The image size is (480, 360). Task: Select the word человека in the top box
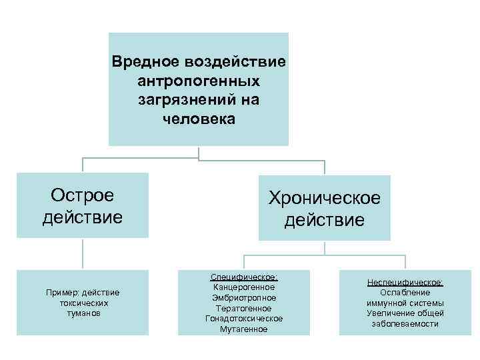198,120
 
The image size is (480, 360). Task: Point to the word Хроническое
324,198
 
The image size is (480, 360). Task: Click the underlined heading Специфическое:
244,277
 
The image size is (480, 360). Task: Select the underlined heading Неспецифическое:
405,283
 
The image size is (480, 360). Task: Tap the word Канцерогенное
244,287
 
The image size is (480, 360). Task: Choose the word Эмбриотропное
244,298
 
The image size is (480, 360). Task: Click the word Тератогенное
244,308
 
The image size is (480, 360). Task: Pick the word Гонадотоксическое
244,319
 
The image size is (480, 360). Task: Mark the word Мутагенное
244,329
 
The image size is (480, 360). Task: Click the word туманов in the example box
83,313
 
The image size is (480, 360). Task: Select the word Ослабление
405,293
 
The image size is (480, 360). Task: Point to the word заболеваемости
405,323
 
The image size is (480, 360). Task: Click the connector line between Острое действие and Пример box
83,254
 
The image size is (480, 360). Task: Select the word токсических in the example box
83,303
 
